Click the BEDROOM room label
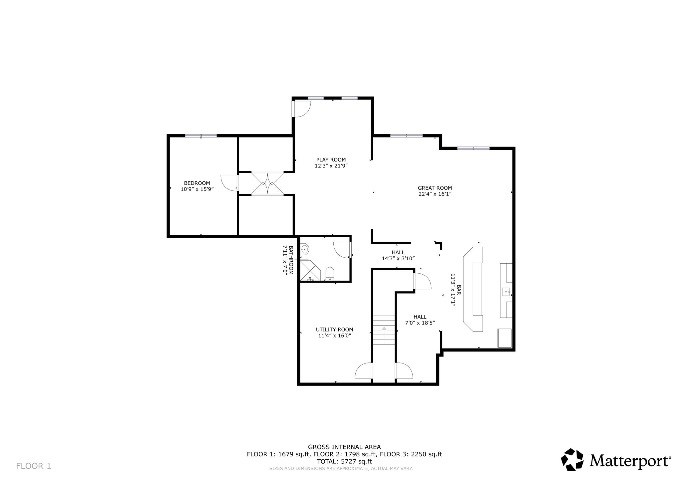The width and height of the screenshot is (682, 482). [197, 183]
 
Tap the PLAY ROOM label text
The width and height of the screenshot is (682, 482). [331, 160]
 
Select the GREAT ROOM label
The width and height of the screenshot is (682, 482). [435, 188]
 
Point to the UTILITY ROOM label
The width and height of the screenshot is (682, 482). [335, 330]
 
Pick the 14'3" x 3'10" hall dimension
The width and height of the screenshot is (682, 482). [398, 258]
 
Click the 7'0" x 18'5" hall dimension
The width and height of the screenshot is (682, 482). [420, 323]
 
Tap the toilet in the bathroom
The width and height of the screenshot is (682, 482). [330, 274]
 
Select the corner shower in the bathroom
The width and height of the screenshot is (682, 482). [310, 271]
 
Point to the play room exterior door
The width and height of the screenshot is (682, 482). [301, 109]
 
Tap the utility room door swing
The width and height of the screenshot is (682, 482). [364, 370]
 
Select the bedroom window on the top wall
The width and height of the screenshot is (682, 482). [201, 135]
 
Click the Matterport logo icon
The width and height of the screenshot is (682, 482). [572, 459]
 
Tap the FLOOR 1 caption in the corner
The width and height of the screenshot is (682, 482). [34, 466]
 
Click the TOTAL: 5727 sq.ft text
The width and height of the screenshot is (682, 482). [344, 461]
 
